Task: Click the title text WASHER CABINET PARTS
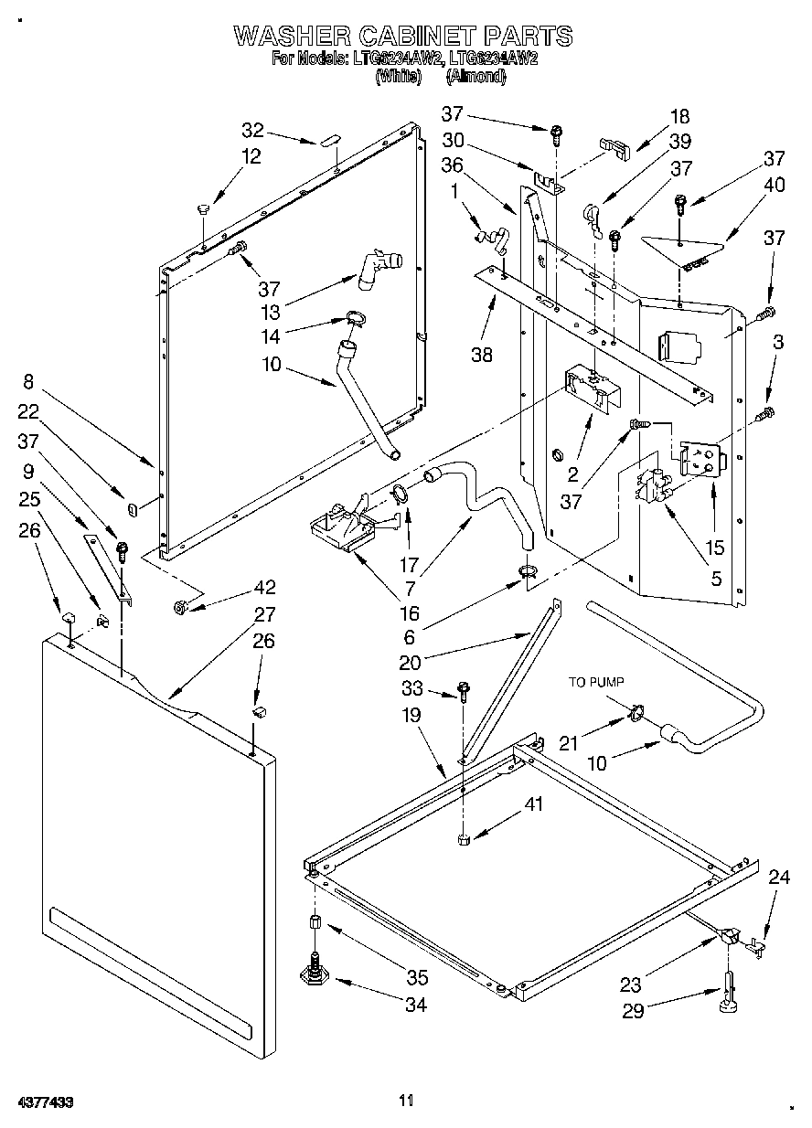pos(403,36)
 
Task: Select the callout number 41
pos(534,804)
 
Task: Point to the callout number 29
pos(631,1011)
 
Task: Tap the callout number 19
pos(411,715)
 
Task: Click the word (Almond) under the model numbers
pos(475,78)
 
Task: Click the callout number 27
pos(265,614)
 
